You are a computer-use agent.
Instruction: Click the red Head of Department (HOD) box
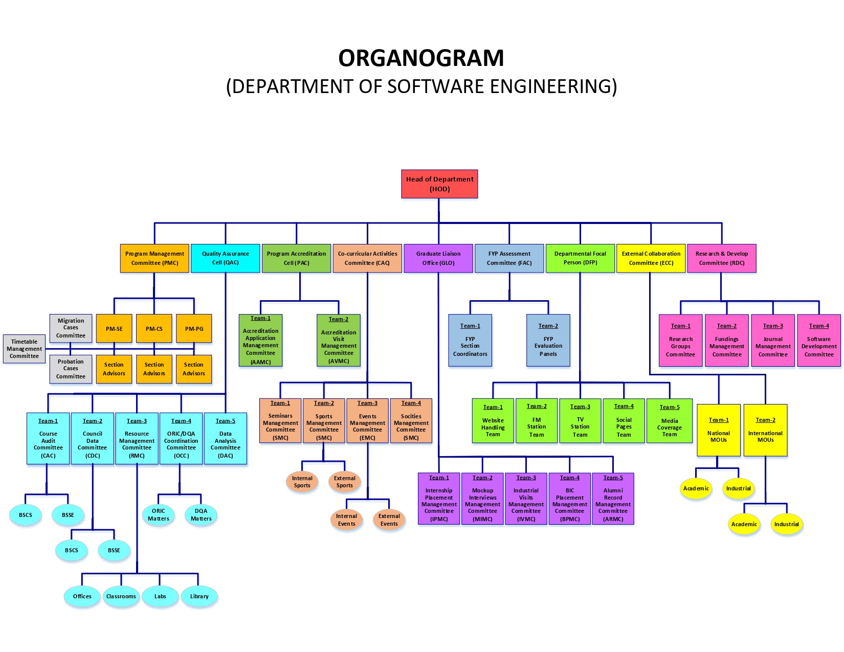439,184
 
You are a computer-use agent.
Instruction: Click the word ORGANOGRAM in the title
421,58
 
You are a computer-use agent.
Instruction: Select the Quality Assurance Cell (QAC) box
225,258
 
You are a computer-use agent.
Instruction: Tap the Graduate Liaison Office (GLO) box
438,258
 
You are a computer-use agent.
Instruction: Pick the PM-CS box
154,329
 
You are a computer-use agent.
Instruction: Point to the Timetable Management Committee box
24,349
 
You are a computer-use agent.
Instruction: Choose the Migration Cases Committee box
71,328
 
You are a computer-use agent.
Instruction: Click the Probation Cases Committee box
71,369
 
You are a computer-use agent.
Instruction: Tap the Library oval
199,596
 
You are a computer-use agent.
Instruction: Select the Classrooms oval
121,596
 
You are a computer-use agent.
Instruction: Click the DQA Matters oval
201,514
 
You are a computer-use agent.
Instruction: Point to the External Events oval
389,520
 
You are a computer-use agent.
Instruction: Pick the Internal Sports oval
302,482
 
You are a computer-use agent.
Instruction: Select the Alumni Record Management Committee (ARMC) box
613,499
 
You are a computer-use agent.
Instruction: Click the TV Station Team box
580,421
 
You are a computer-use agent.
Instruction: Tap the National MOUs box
718,430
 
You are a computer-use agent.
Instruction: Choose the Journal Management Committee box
772,340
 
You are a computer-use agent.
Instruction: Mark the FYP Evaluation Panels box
548,340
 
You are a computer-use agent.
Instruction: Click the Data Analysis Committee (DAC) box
225,438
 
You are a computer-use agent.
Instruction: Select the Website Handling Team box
493,421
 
